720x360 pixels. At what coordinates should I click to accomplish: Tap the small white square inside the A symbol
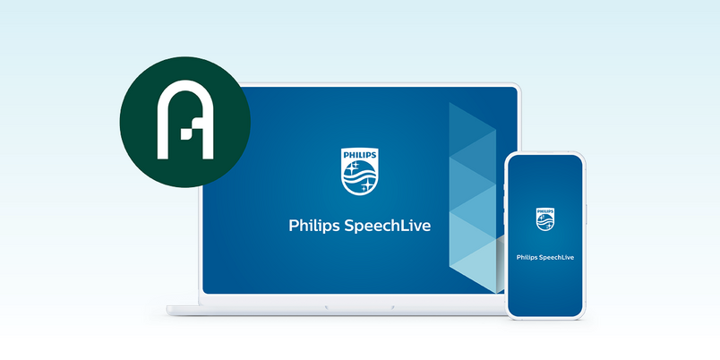(x=185, y=134)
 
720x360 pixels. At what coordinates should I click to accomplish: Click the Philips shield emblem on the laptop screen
(x=359, y=171)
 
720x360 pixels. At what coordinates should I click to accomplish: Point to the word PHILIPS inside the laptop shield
(x=359, y=155)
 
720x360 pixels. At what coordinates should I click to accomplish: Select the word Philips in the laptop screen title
(x=314, y=226)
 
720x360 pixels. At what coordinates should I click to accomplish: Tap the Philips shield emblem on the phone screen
(x=545, y=219)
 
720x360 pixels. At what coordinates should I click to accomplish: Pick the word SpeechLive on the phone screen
(x=557, y=258)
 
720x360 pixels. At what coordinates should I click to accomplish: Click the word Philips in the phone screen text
(x=527, y=258)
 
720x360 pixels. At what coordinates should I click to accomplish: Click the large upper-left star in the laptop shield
(x=353, y=167)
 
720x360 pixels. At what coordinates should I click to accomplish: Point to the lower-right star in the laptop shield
(x=366, y=185)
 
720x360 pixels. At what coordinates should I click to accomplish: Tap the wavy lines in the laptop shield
(x=359, y=176)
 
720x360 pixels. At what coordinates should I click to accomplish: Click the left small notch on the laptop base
(x=327, y=307)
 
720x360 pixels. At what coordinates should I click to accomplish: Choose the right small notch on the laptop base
(x=391, y=307)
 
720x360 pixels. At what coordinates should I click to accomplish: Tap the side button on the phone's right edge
(x=587, y=214)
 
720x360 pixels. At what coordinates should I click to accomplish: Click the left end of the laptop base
(x=167, y=310)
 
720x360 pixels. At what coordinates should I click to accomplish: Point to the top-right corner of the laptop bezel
(x=519, y=84)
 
